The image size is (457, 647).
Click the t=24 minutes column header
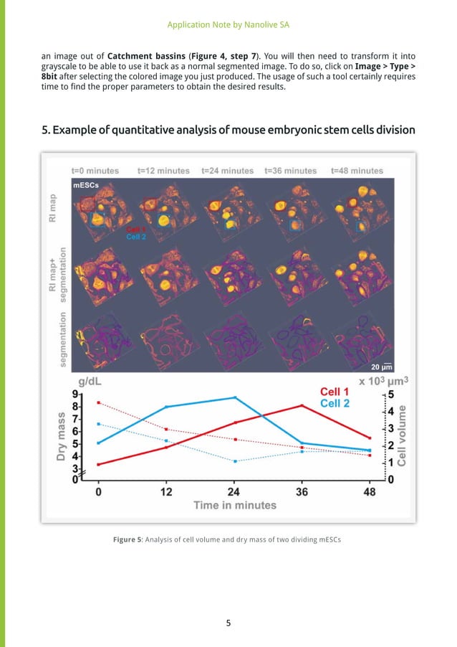[x=227, y=171]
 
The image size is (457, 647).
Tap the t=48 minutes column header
[x=357, y=171]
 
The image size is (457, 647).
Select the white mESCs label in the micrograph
[x=85, y=185]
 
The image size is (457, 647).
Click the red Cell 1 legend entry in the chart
[x=335, y=392]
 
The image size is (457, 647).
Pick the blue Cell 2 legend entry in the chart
[x=335, y=403]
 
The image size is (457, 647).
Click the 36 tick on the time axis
[x=302, y=493]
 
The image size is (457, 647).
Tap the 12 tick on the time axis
[x=165, y=493]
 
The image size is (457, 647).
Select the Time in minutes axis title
[x=234, y=505]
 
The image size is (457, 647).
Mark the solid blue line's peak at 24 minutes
[x=234, y=397]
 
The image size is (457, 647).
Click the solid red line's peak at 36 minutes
[x=302, y=405]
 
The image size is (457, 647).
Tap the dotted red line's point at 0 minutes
[x=98, y=402]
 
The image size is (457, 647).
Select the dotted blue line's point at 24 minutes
[x=234, y=461]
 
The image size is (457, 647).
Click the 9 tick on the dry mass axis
[x=75, y=394]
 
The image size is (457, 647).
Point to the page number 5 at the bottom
[x=228, y=623]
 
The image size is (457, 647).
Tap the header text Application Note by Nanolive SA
[x=228, y=24]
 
